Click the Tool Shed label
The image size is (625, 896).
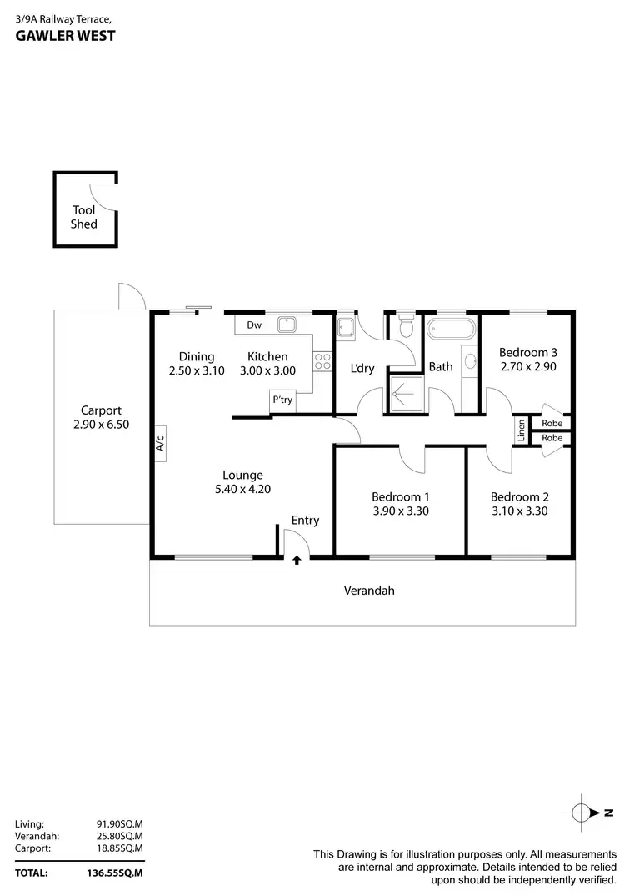pyautogui.click(x=84, y=217)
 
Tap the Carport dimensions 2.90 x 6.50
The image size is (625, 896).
pyautogui.click(x=101, y=424)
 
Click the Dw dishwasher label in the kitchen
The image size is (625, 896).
pyautogui.click(x=255, y=325)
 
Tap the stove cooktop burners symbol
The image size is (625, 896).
pyautogui.click(x=322, y=360)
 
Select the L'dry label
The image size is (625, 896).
pyautogui.click(x=362, y=368)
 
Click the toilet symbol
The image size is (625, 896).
pyautogui.click(x=406, y=325)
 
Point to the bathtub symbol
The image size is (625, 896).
pyautogui.click(x=451, y=328)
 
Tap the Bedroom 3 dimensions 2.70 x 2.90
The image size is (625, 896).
pyautogui.click(x=528, y=366)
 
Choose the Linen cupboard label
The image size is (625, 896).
pyautogui.click(x=521, y=430)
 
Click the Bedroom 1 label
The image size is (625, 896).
pyautogui.click(x=400, y=496)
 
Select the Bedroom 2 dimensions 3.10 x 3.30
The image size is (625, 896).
pyautogui.click(x=519, y=511)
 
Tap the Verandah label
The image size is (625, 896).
pyautogui.click(x=369, y=591)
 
